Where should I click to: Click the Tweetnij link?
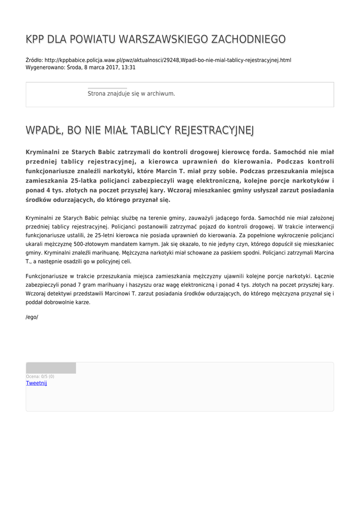point(36,383)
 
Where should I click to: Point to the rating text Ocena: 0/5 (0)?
point(40,377)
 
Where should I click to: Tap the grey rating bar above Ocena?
point(51,368)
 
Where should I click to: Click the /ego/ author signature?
point(32,317)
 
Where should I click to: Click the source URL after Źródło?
point(168,60)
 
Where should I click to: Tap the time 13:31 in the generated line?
point(129,67)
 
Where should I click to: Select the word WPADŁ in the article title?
point(43,130)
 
